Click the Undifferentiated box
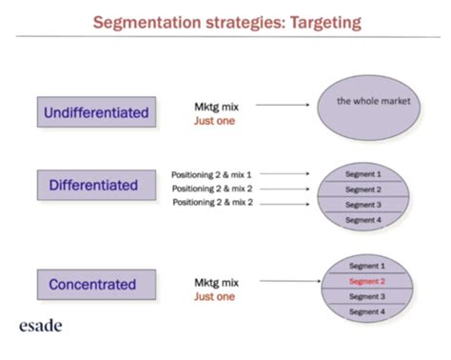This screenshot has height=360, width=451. (96, 112)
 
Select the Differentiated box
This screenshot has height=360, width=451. (96, 185)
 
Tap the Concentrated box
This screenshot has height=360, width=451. (96, 285)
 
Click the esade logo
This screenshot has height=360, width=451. (41, 326)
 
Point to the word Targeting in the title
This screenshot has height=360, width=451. (325, 23)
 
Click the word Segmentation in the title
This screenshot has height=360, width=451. (147, 23)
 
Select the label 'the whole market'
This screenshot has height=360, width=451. (374, 101)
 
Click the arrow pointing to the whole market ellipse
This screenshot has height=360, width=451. (283, 105)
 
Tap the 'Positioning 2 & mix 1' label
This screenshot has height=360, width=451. (211, 174)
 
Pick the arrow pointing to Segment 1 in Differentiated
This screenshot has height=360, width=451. (284, 173)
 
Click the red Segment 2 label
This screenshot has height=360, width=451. (367, 281)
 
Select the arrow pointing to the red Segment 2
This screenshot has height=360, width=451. (290, 281)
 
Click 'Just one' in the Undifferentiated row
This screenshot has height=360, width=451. (215, 121)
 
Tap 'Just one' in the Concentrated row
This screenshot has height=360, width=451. (215, 296)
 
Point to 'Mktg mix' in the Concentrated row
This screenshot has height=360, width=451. (217, 283)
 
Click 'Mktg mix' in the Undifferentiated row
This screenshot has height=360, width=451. (217, 107)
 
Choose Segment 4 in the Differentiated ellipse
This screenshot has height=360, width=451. (363, 220)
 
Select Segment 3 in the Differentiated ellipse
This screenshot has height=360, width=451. (363, 205)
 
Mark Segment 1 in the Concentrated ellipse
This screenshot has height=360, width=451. (367, 266)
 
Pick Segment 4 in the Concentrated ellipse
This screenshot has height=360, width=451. (367, 311)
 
